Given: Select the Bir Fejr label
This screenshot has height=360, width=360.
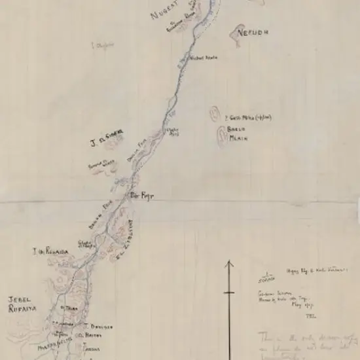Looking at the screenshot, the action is click(142, 195).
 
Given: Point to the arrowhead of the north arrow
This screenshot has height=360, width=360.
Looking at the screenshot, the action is click(229, 264).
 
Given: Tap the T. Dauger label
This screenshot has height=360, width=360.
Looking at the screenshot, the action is click(98, 325).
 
